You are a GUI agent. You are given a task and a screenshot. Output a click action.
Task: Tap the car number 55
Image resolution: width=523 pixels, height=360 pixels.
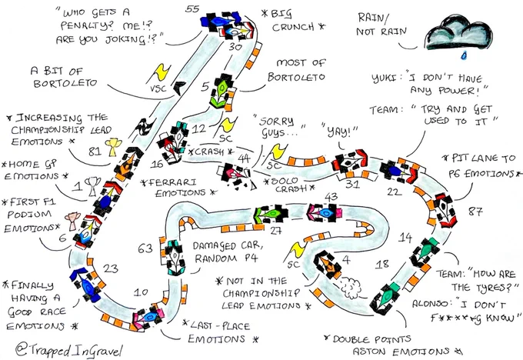point(193,8)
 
